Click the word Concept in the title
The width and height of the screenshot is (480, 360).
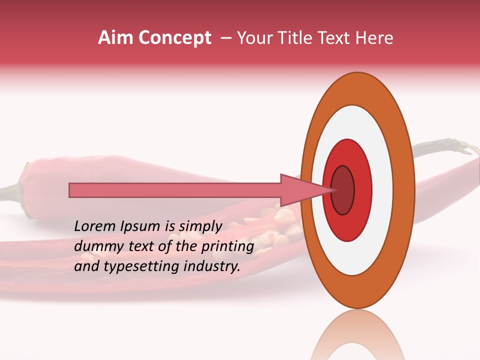tap(174, 38)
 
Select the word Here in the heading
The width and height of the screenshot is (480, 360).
tap(376, 38)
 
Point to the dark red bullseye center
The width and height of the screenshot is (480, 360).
tap(342, 190)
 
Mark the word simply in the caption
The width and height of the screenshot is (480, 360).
tap(201, 226)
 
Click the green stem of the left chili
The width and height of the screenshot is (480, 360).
tap(10, 192)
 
